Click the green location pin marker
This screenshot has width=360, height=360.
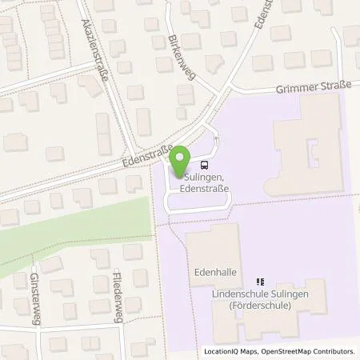[180, 158]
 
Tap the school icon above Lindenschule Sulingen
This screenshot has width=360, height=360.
[259, 282]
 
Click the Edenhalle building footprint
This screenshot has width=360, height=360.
[213, 248]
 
